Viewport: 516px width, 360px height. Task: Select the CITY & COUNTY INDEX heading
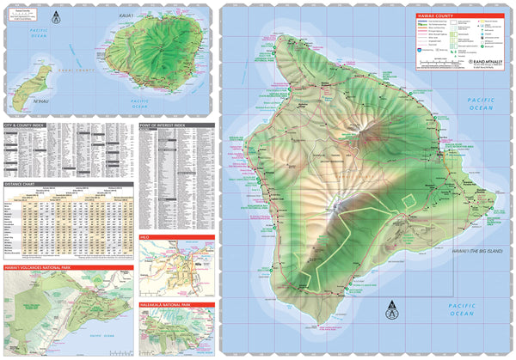point(26,126)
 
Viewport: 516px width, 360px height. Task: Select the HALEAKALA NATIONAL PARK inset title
point(176,305)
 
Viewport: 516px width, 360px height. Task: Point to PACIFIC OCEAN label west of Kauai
point(19,34)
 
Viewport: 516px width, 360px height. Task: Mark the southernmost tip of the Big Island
point(321,325)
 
